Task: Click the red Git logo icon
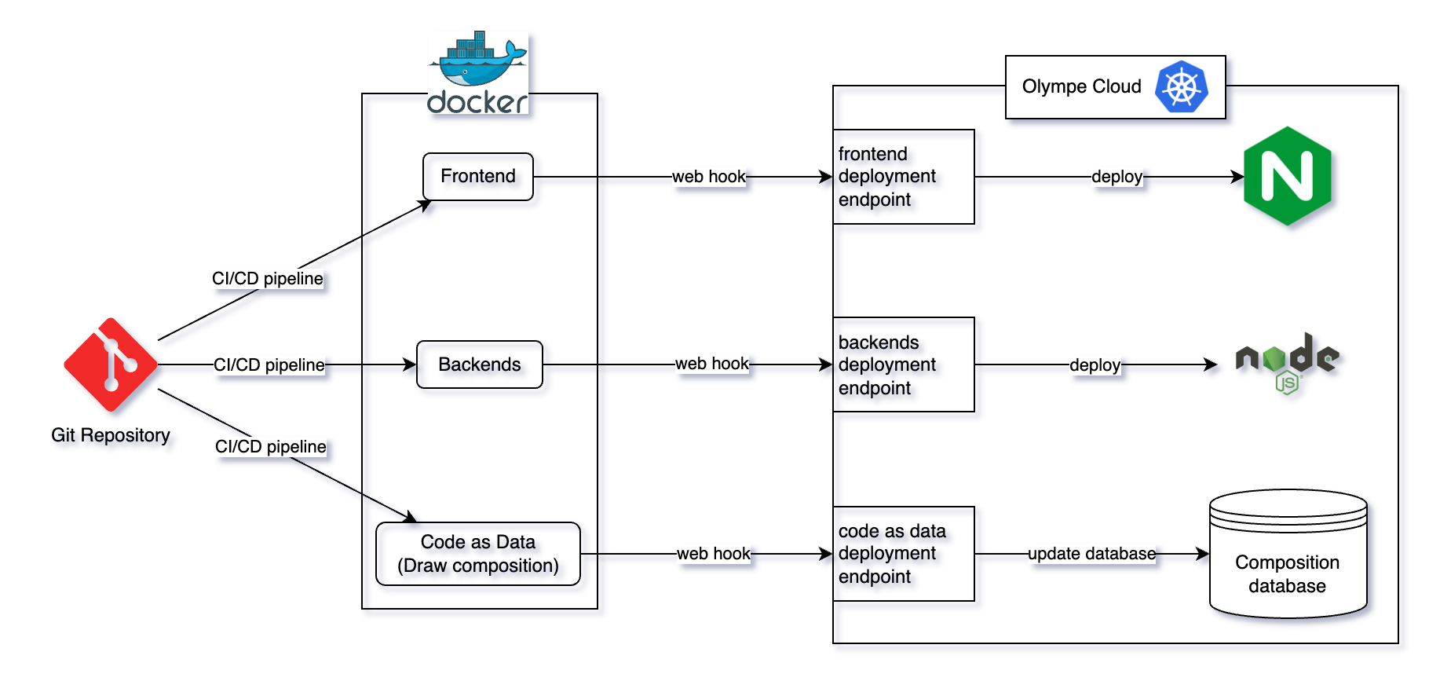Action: [111, 364]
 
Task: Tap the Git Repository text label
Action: [111, 435]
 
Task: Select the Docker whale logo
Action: [477, 72]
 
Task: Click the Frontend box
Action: [477, 177]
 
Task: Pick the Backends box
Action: [479, 364]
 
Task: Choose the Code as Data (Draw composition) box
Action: [477, 554]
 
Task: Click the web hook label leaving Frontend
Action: [708, 177]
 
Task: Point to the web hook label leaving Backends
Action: [711, 364]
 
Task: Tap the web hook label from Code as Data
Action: [713, 554]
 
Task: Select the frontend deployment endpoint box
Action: [903, 177]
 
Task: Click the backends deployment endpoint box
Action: [903, 364]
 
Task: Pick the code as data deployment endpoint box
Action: [903, 554]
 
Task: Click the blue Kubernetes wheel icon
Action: [1181, 86]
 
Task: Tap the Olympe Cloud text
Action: [1081, 86]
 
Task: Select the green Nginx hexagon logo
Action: [1288, 176]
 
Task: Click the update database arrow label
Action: [1091, 554]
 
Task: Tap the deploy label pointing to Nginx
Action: [1117, 177]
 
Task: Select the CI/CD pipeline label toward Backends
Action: [269, 364]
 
